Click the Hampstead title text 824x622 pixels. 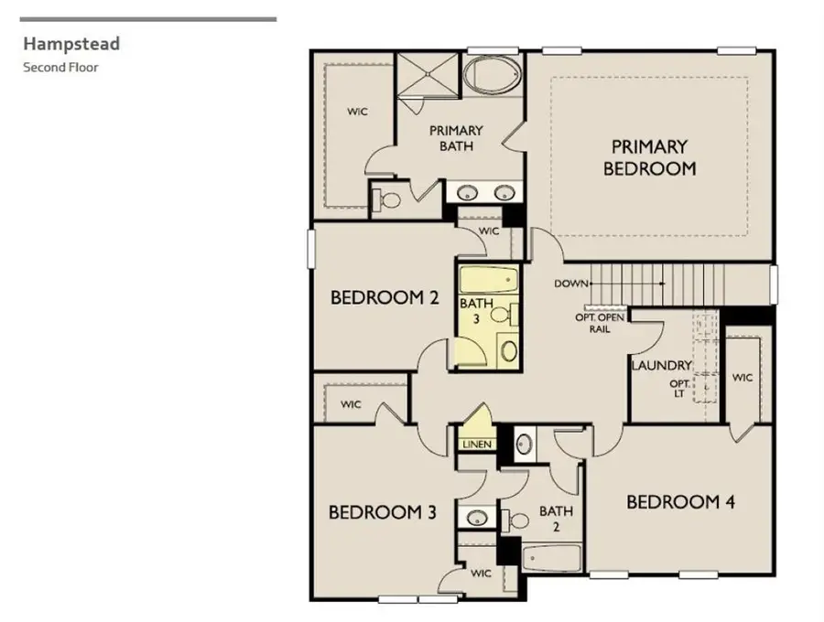coord(71,43)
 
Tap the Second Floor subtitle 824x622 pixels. coord(60,67)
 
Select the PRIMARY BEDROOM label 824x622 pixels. coord(649,157)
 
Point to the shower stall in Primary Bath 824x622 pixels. coord(425,73)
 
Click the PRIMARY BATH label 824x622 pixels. coord(455,138)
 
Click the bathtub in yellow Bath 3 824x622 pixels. coord(488,278)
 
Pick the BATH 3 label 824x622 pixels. coord(475,311)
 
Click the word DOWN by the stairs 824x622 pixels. coord(570,284)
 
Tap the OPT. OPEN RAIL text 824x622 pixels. coord(600,323)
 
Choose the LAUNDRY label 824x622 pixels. coord(661,366)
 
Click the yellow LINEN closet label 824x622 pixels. coord(476,445)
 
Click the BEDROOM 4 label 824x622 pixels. coord(679,501)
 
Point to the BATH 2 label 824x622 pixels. coord(555,519)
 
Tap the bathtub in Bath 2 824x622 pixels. coord(551,557)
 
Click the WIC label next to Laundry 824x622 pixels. coord(743,378)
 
